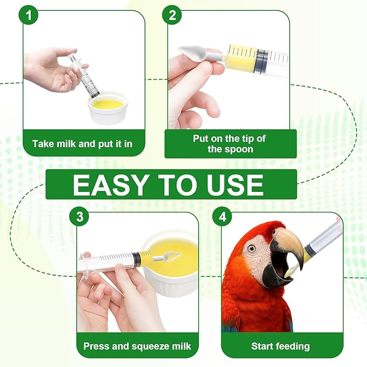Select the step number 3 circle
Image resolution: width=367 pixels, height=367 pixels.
(x=80, y=217)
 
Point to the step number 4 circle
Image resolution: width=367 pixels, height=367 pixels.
(x=222, y=217)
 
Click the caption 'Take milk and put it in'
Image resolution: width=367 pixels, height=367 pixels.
(x=82, y=144)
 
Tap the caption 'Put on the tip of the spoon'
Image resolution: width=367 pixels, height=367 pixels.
(x=230, y=144)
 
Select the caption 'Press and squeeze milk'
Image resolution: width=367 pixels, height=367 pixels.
(x=137, y=346)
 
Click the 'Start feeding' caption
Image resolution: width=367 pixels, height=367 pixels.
(x=281, y=346)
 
